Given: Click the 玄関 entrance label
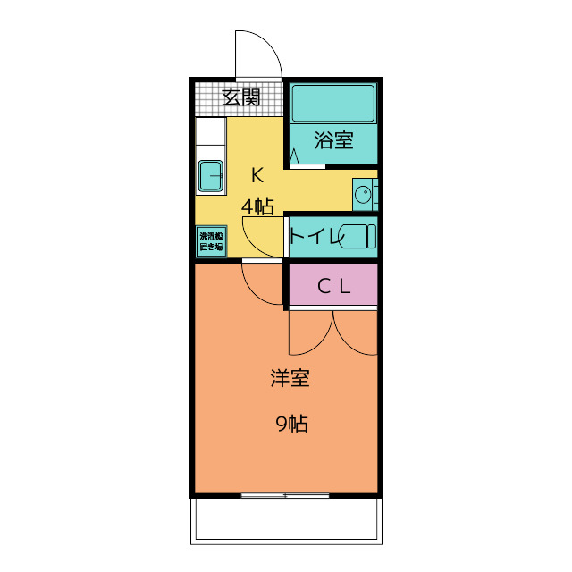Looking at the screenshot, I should pos(240,97).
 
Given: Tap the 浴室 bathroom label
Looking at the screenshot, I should pos(333,140).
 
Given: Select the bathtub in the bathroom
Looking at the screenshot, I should pos(332,104).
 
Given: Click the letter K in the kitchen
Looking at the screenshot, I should pos(257,174).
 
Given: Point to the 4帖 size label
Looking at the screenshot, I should pos(257,206).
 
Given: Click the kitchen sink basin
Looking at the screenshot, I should pos(211,176).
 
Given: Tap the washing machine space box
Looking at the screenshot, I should pos(211,240).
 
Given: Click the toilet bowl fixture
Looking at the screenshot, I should pos(358,237).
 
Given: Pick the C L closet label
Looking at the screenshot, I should pos(333,287).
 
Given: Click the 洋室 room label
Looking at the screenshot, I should pos(290,378).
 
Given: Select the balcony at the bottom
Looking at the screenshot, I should pos(286,518).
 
